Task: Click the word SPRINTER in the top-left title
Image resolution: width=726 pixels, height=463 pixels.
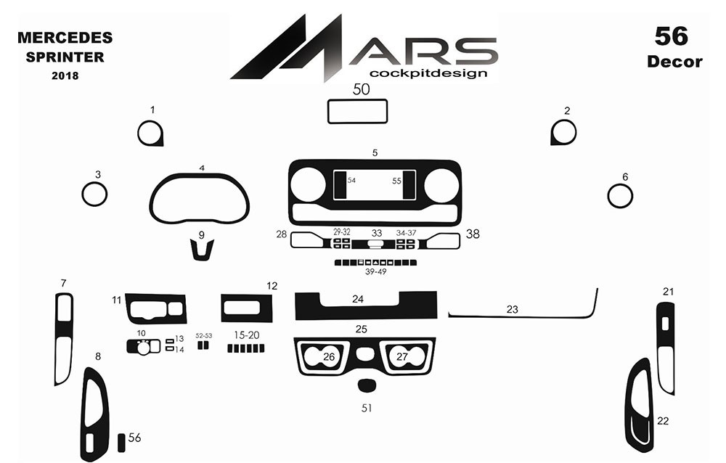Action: (65, 57)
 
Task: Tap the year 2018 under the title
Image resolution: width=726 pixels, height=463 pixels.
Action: (65, 75)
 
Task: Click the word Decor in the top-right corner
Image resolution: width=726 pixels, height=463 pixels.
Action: (674, 62)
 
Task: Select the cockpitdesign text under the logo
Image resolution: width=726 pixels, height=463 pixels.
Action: (428, 73)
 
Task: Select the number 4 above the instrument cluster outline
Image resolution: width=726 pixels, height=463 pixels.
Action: (202, 168)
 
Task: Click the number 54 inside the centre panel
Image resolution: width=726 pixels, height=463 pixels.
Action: (351, 180)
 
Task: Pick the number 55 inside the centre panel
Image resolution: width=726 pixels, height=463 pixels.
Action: (396, 181)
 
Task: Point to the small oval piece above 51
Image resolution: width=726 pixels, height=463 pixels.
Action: (366, 385)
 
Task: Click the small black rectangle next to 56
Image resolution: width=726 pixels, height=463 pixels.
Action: (121, 443)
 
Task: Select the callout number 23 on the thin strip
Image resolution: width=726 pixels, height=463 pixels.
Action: (512, 309)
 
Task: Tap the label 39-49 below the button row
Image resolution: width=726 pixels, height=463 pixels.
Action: (375, 272)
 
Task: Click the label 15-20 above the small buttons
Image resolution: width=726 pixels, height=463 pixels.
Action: (246, 335)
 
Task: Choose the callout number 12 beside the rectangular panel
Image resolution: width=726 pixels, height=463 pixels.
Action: (272, 286)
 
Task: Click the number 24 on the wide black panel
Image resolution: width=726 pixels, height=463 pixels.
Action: (357, 299)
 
